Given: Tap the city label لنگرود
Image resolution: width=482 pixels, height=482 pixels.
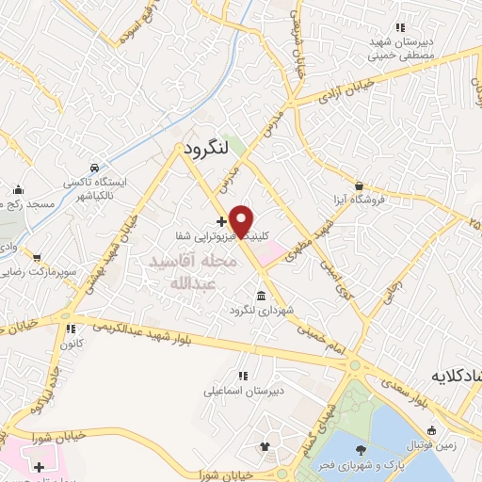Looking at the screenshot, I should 199,149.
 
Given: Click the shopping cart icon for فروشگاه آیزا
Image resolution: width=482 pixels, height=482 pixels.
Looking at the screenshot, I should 358,185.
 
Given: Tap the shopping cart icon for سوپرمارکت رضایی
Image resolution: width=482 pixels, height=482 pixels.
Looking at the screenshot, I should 36,256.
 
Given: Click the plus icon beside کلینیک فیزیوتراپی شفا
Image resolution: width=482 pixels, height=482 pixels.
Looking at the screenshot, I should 221,222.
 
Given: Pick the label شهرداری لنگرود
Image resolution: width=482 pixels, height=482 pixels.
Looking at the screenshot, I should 255,310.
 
